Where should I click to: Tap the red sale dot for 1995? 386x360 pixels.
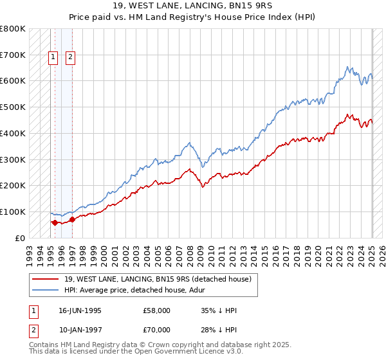coord(55,222)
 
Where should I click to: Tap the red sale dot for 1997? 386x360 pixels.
coord(71,219)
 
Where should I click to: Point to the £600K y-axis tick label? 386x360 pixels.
coord(13,81)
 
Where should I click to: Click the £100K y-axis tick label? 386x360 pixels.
coord(13,212)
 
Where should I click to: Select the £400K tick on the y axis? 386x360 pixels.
coord(13,133)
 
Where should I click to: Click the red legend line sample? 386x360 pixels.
coord(45,278)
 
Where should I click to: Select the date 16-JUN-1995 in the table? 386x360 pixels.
coord(80,310)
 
